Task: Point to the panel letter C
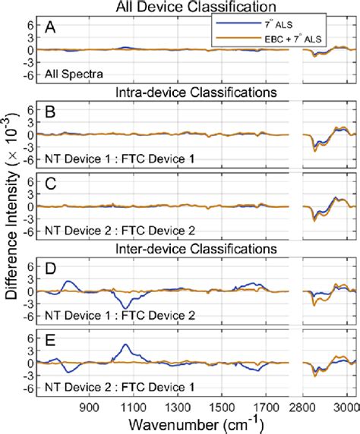click(x=51, y=182)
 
